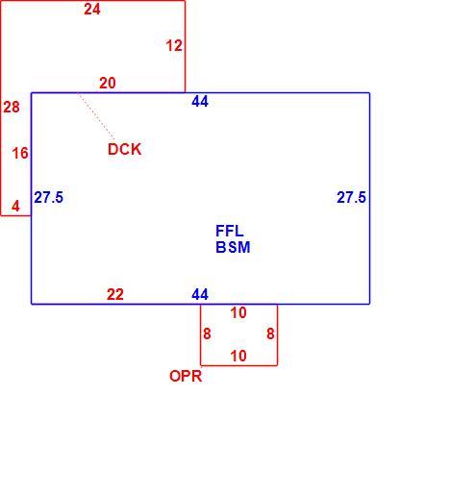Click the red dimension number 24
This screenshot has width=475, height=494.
click(x=92, y=10)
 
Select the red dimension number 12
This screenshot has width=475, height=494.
click(x=174, y=46)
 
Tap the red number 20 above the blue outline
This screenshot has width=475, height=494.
click(x=108, y=84)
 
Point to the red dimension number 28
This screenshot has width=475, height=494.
click(x=12, y=107)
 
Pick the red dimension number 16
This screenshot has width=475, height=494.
click(x=20, y=153)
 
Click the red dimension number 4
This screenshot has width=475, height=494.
click(x=15, y=206)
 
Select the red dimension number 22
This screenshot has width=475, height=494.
click(x=115, y=294)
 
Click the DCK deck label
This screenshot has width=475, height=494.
click(x=125, y=149)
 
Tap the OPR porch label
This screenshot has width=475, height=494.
click(x=186, y=376)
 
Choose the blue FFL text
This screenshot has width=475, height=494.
click(x=230, y=231)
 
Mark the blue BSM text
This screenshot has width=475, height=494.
click(x=233, y=247)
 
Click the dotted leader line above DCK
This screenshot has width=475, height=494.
click(x=96, y=116)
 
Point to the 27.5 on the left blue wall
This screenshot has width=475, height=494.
click(x=49, y=197)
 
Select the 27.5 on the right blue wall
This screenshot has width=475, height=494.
click(x=351, y=197)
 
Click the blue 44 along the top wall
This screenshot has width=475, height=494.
click(x=200, y=102)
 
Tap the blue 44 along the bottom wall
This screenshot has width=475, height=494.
click(x=200, y=294)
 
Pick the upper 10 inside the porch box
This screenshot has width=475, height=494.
click(x=238, y=313)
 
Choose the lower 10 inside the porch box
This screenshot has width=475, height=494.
click(x=238, y=356)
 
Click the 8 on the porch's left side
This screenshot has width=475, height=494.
click(x=207, y=334)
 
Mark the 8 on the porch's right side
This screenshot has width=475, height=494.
click(x=270, y=334)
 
